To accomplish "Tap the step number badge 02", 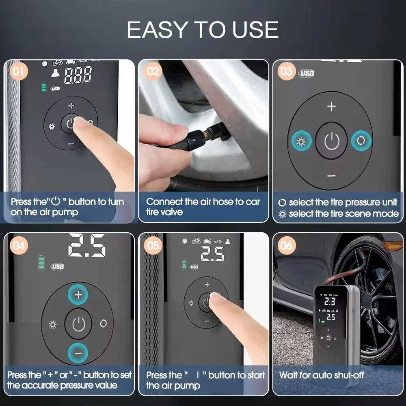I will pos(153,71).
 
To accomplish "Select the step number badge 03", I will pos(287,71).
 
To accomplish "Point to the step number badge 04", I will pos(18,245).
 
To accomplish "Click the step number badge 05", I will pos(153,245).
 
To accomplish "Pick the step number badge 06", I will pos(287,245).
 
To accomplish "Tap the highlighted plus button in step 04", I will pos(78,294).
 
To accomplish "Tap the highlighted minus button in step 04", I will pos(78,352).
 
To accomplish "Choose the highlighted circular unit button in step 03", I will pos(361,141).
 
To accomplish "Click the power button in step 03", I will pos(331,141).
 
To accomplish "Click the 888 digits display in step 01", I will pos(78,76).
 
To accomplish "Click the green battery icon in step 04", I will pos(41,263).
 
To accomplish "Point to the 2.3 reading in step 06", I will pos(329,301).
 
